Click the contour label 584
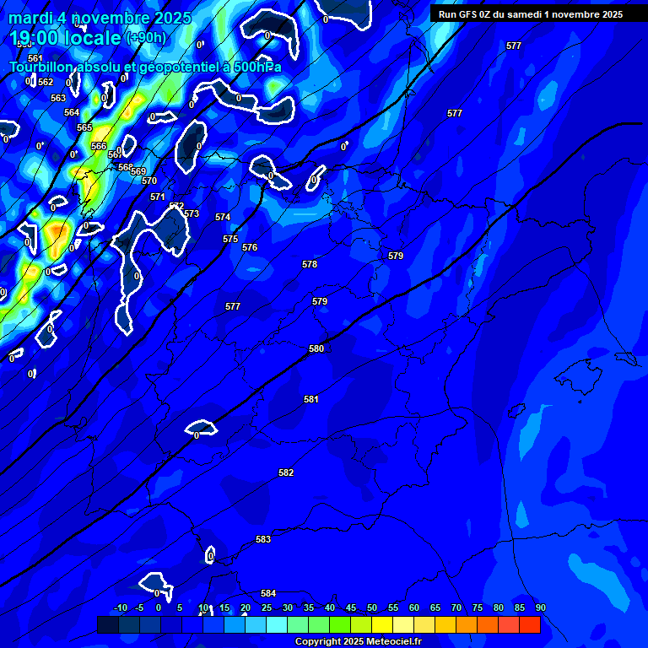[x=268, y=593]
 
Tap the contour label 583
[x=263, y=539]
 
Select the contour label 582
[x=286, y=473]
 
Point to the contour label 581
[x=311, y=399]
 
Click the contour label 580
[x=316, y=348]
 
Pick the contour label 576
[x=250, y=247]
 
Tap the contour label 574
[x=223, y=217]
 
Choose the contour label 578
[x=310, y=264]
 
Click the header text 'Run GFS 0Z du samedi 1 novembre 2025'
[x=531, y=14]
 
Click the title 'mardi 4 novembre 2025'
[x=100, y=18]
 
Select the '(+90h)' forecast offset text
[x=146, y=38]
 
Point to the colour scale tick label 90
[x=540, y=607]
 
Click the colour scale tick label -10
[x=121, y=607]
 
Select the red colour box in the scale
[x=529, y=624]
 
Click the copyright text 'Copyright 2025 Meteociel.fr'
[x=358, y=641]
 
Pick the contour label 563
[x=58, y=98]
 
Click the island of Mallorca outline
[x=583, y=370]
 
